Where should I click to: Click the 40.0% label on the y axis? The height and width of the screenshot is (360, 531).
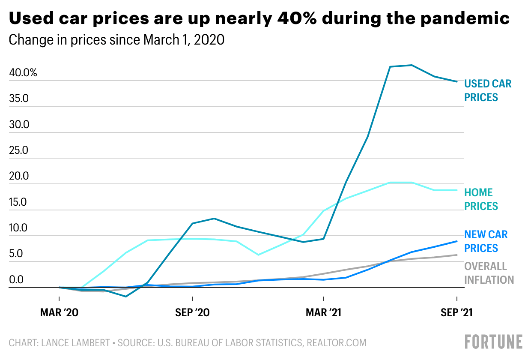point(23,72)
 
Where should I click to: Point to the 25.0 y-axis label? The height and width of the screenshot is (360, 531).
point(19,150)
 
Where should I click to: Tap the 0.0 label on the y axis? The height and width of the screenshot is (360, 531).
point(16,279)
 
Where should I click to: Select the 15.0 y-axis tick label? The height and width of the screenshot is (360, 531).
point(18,202)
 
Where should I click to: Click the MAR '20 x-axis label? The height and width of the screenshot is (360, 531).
point(59,312)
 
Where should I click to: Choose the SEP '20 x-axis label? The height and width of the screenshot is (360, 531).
point(192,312)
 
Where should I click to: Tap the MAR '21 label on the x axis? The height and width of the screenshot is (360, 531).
point(323,312)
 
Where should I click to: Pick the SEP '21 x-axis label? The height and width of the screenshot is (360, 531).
point(456,312)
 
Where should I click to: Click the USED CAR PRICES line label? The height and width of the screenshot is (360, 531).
point(488,90)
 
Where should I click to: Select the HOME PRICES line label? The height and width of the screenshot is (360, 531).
point(481,199)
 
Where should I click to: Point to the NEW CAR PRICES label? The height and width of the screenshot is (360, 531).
point(486,241)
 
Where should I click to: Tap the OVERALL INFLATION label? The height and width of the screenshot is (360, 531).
point(489,273)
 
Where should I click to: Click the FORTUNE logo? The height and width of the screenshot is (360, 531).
point(494,342)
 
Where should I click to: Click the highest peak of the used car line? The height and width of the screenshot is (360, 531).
point(412,65)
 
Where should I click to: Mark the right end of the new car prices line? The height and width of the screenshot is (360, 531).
point(457,241)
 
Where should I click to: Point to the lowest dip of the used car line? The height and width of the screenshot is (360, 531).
point(126,297)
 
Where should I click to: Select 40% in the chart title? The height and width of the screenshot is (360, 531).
point(297,18)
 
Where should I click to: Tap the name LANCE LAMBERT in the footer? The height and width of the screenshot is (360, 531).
point(75,343)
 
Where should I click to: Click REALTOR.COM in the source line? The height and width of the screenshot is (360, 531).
point(337,343)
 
